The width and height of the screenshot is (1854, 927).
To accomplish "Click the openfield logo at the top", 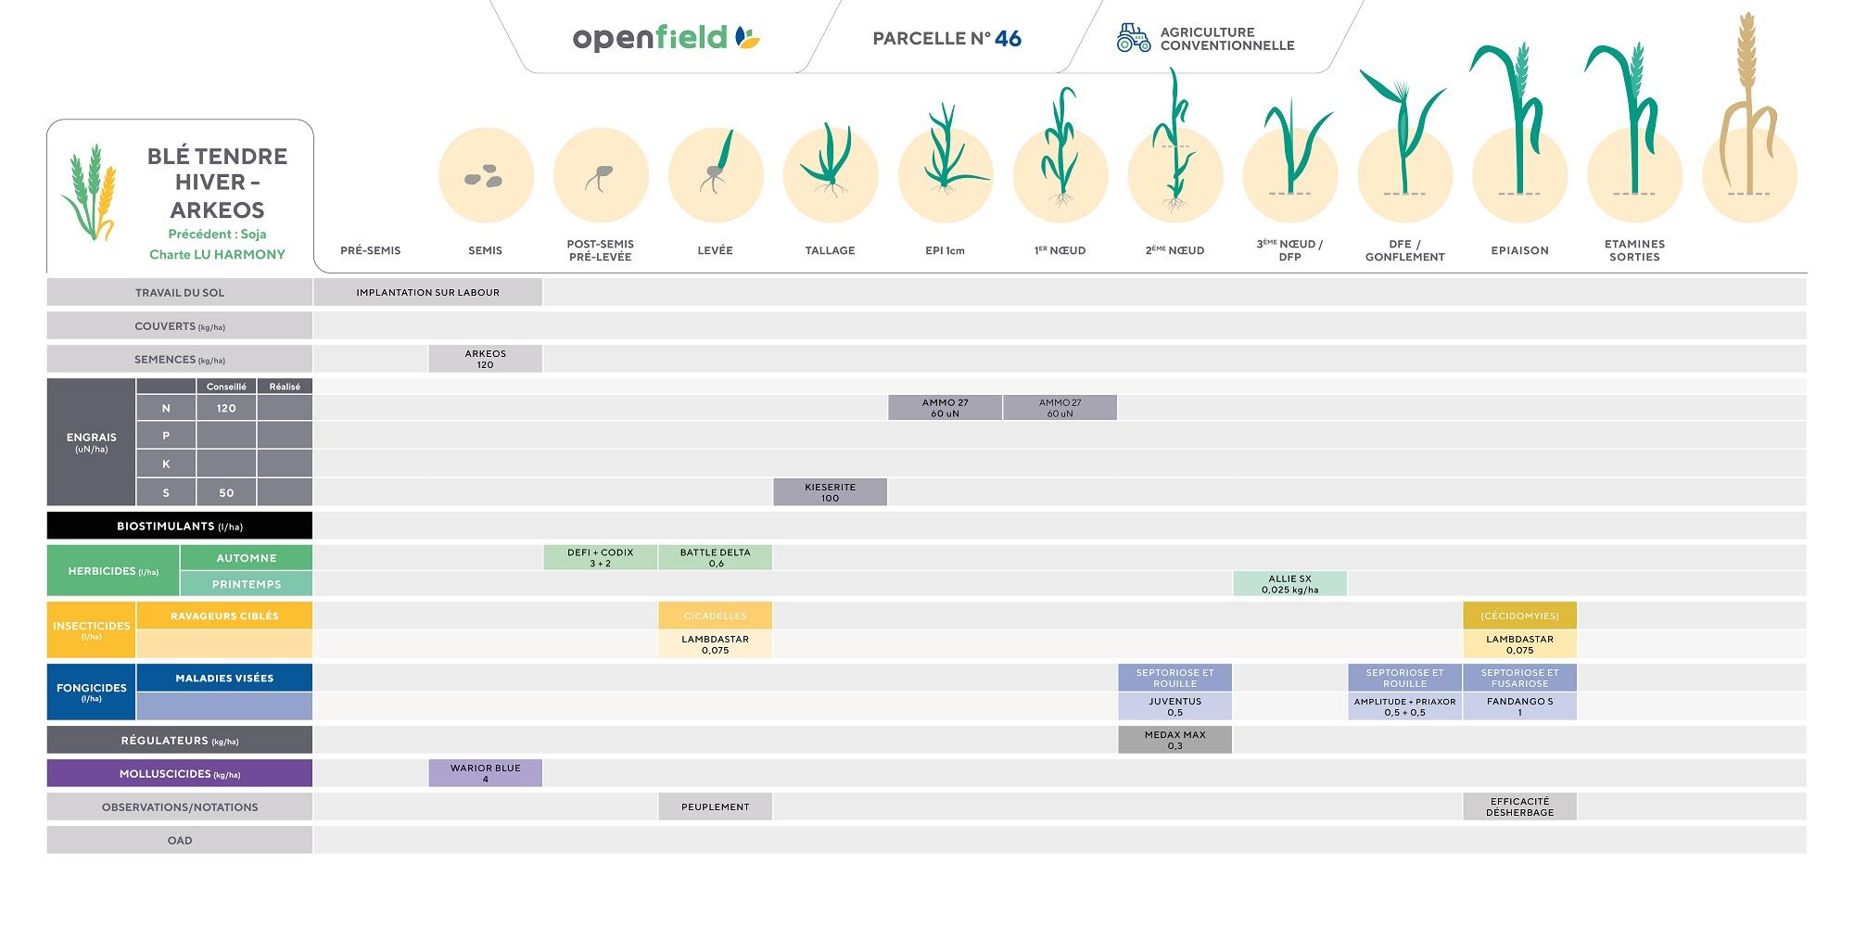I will (x=666, y=38).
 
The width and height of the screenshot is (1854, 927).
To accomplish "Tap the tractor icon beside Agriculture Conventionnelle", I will (x=1132, y=38).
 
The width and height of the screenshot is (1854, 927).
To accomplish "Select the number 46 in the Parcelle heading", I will (x=1008, y=39).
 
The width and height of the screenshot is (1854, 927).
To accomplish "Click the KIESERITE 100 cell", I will (x=830, y=492).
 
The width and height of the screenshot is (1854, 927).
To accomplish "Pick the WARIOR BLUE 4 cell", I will (x=485, y=773).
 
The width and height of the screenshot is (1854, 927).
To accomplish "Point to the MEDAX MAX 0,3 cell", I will (x=1175, y=740).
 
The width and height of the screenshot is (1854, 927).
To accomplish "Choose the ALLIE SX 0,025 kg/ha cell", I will (x=1289, y=584).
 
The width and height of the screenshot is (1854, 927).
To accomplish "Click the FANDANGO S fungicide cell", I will (x=1519, y=706).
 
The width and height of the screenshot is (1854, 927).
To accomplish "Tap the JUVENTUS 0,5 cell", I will (x=1175, y=706).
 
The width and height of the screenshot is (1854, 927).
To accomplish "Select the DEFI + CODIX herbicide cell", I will (x=600, y=557).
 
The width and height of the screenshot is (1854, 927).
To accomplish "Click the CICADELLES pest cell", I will (x=715, y=616).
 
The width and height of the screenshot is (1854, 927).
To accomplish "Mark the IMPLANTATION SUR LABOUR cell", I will (x=427, y=292).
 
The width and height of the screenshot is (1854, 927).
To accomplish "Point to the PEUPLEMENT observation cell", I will (x=715, y=806).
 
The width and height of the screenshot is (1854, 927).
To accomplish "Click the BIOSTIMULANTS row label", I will (x=180, y=526).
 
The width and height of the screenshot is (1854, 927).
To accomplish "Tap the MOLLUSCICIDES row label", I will (x=180, y=773).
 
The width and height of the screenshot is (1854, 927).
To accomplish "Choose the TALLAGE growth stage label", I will (x=830, y=250).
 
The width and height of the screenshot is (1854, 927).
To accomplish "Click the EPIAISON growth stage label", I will (x=1519, y=250).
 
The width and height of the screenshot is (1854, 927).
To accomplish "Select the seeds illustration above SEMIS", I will (x=484, y=176).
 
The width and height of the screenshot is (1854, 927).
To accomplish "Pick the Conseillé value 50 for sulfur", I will (x=226, y=492).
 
